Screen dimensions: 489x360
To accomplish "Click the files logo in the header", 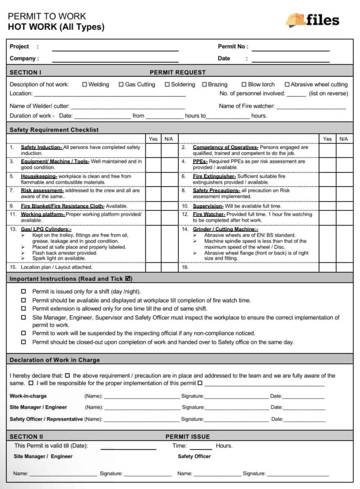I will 313,20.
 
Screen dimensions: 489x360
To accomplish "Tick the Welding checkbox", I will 85,85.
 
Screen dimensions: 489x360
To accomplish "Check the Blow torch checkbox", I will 244,85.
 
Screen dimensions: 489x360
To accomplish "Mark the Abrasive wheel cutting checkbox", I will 287,85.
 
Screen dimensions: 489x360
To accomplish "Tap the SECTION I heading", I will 25,72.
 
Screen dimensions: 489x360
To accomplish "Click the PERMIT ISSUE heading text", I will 187,436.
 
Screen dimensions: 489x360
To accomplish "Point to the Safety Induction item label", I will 41,147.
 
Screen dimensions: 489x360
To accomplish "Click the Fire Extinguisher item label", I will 214,176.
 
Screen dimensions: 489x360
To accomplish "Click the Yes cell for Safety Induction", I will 153,150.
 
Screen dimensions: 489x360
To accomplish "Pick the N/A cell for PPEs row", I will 343,165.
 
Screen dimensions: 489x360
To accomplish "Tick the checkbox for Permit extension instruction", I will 23,308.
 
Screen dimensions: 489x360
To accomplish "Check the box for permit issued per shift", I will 23,291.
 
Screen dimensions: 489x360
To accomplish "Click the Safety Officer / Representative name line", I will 141,420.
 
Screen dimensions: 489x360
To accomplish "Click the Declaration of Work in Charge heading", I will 55,360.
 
